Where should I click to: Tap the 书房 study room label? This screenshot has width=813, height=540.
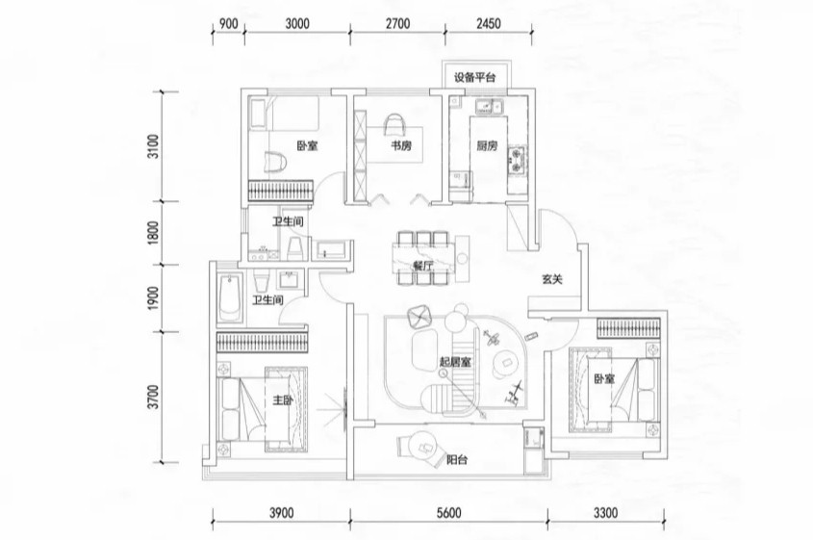[x=402, y=147]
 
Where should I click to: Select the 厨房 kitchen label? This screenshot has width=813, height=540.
[x=487, y=147]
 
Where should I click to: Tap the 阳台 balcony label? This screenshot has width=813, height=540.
[x=458, y=461]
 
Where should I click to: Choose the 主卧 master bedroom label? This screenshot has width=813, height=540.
[x=282, y=402]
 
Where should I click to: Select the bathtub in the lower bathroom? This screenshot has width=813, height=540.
[x=229, y=298]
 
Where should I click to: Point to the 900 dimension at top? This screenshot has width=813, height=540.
[x=227, y=24]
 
